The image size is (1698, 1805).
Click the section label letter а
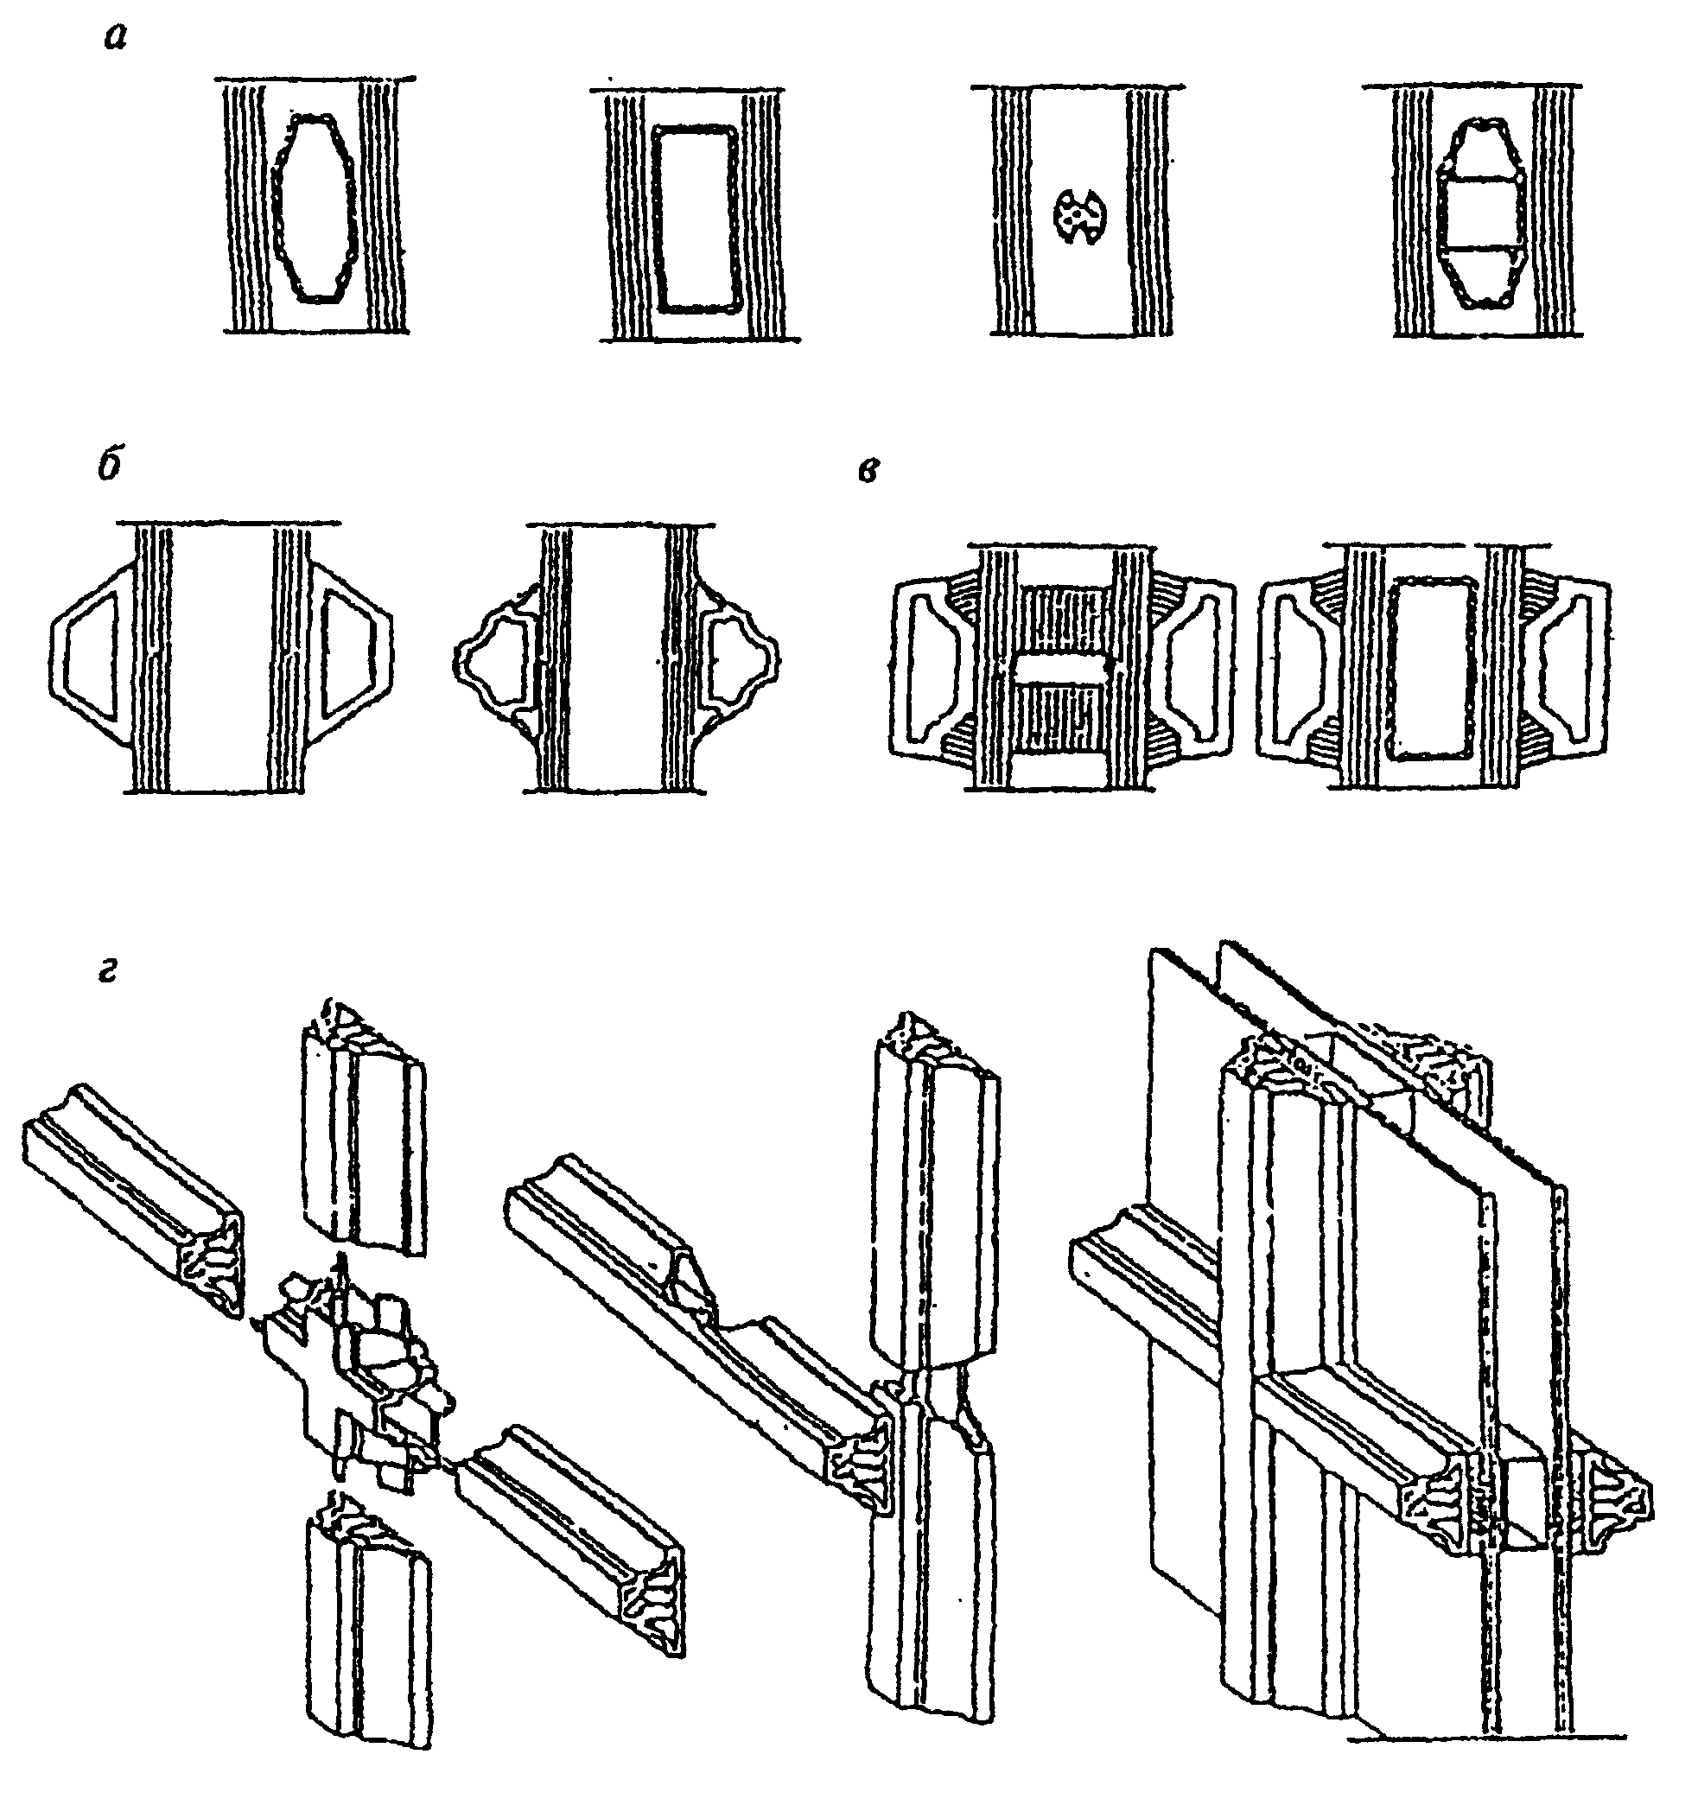tap(114, 39)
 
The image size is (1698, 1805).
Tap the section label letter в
tap(868, 471)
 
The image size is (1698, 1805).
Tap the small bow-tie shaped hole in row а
tap(1078, 215)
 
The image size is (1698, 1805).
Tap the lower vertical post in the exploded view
tap(368, 1616)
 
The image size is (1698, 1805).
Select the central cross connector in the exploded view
tap(359, 1380)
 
